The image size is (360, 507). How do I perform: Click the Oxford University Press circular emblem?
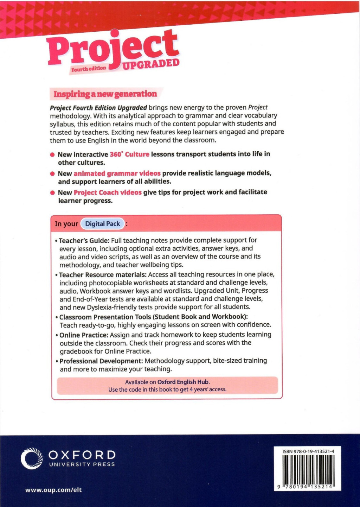click(32, 458)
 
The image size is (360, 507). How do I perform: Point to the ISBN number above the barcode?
click(308, 451)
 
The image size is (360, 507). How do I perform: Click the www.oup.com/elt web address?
click(53, 490)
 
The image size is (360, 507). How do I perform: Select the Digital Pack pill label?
click(103, 224)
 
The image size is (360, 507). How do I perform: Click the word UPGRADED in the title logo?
click(151, 64)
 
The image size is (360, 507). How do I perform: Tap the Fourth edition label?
click(89, 69)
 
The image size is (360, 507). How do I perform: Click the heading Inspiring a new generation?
click(105, 94)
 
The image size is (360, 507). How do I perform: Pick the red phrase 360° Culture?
click(129, 154)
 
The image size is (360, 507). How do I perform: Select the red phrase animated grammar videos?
click(117, 173)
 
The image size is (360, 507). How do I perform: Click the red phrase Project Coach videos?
click(108, 192)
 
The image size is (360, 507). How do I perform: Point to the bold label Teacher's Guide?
click(84, 241)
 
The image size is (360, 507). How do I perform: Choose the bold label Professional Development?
click(101, 361)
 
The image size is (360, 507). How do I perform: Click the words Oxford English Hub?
click(183, 382)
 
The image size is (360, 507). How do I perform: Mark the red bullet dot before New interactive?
click(52, 154)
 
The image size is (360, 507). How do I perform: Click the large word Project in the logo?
click(112, 49)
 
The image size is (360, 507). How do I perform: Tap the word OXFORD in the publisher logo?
click(82, 455)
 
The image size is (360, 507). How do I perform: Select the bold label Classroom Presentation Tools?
click(105, 317)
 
